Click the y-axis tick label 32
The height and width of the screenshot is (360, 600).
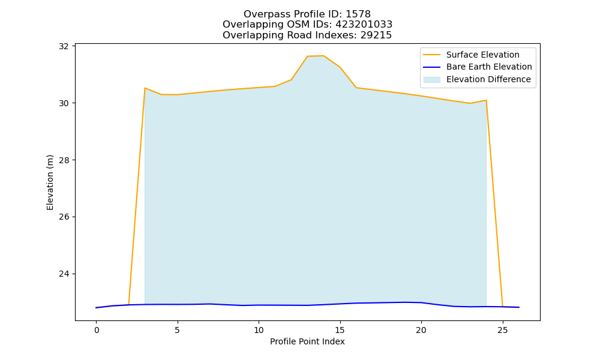click(x=64, y=46)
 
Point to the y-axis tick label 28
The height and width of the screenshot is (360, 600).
click(x=64, y=160)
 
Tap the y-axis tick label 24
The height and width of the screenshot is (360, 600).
click(x=64, y=274)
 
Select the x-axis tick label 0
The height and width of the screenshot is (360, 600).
click(x=97, y=330)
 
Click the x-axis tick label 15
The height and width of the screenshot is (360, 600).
click(x=340, y=330)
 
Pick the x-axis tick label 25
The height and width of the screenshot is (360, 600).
click(x=502, y=330)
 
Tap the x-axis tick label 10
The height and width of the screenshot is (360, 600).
click(x=259, y=330)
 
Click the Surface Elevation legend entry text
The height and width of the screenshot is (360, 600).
click(x=483, y=55)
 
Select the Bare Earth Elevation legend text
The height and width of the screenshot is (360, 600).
click(x=489, y=67)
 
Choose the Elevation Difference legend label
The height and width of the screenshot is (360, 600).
click(x=488, y=79)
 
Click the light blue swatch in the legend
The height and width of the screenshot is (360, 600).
click(x=431, y=80)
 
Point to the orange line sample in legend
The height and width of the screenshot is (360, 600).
click(x=431, y=55)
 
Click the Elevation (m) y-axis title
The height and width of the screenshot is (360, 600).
click(x=50, y=182)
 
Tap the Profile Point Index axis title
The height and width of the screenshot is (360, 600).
click(x=307, y=341)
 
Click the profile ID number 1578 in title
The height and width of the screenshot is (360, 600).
click(x=358, y=14)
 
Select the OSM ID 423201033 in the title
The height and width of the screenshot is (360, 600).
click(x=364, y=25)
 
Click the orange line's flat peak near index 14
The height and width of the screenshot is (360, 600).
click(x=316, y=56)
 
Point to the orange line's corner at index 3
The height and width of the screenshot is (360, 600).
click(x=145, y=88)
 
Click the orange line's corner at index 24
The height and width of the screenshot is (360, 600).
click(x=486, y=100)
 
